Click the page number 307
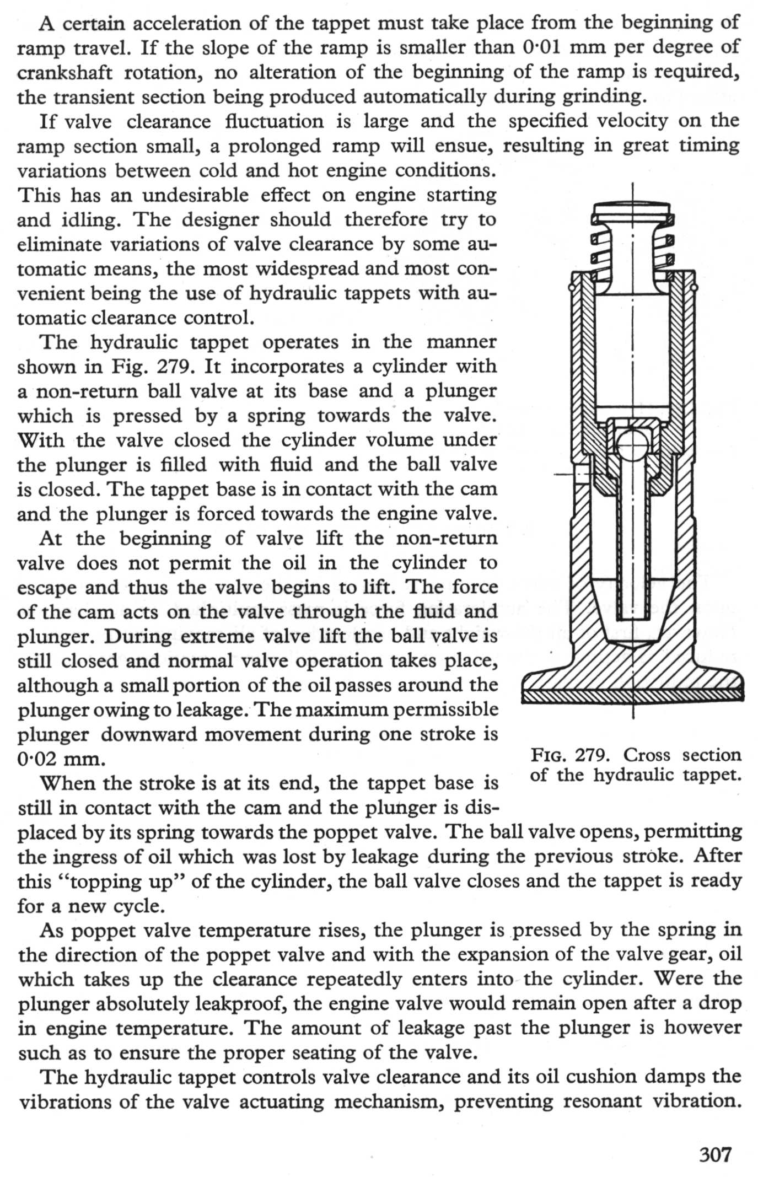tap(715, 1153)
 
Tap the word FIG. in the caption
tap(547, 755)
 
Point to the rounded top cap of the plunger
tap(632, 210)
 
